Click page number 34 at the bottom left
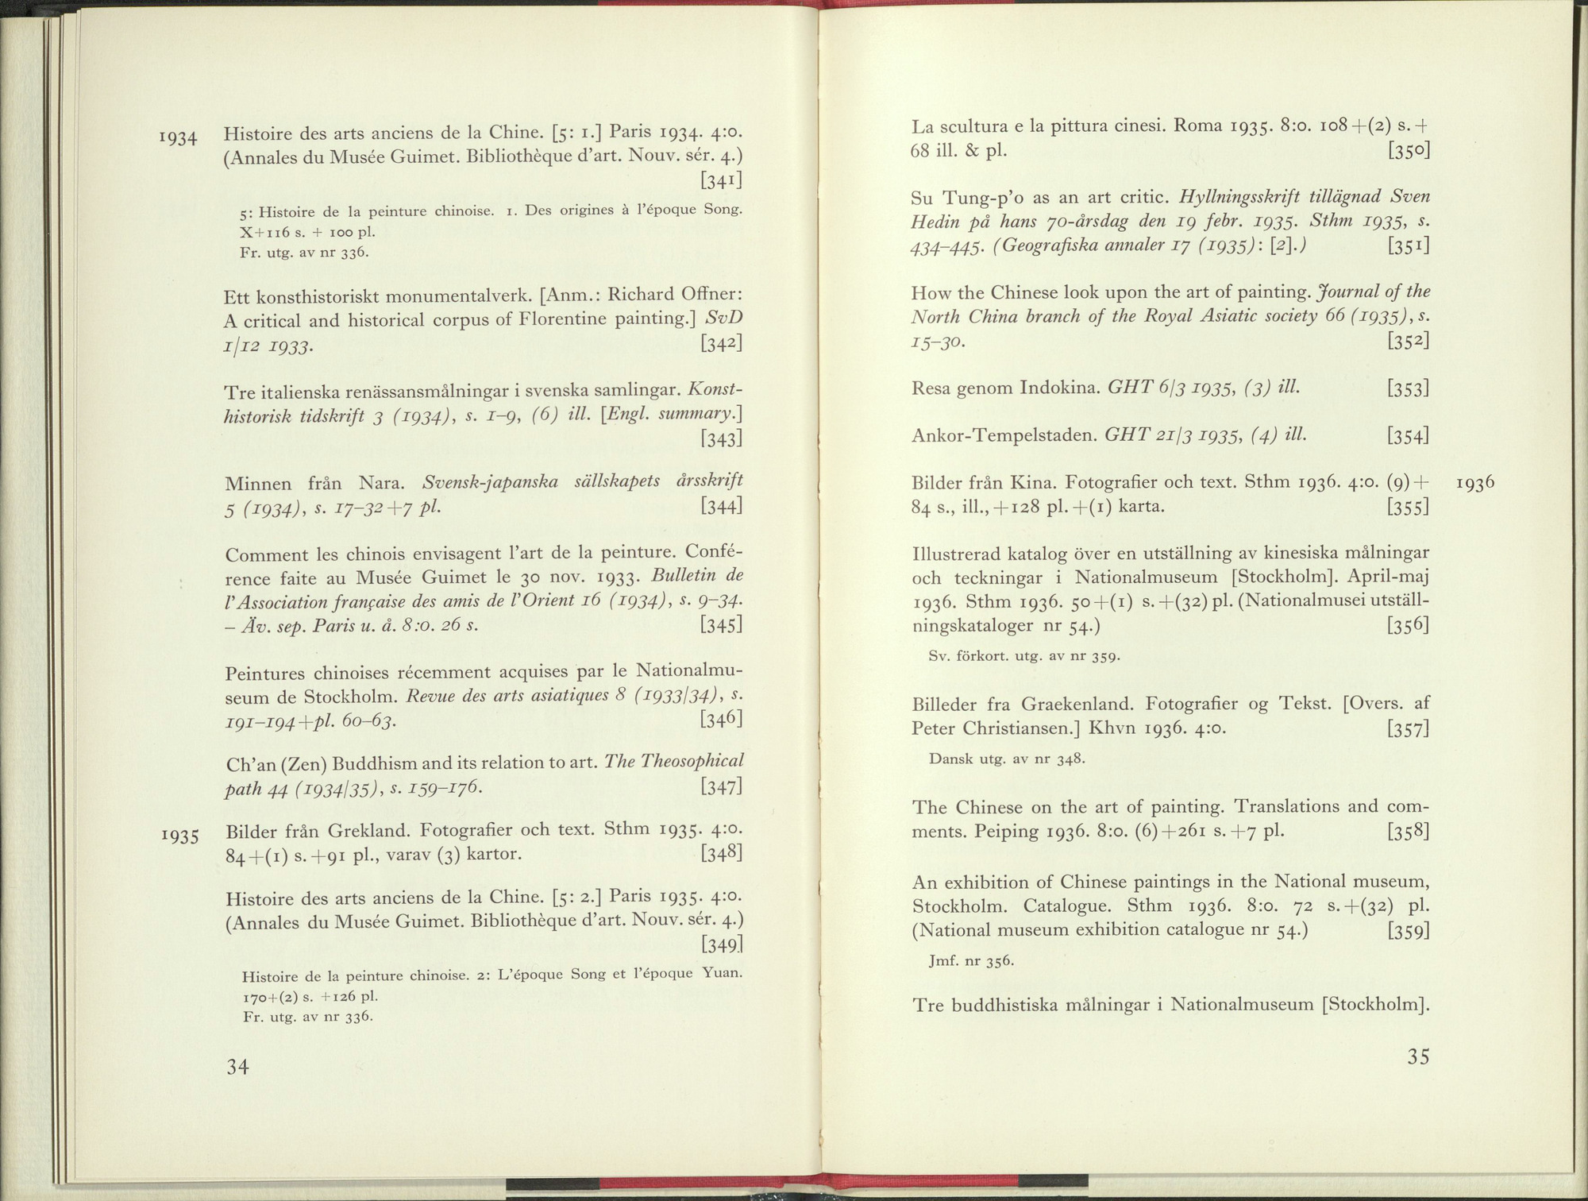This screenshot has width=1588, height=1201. [x=238, y=1068]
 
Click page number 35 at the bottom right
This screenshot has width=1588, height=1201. [x=1417, y=1056]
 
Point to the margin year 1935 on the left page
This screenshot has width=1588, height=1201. [x=180, y=836]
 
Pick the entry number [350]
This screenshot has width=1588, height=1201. [x=1409, y=151]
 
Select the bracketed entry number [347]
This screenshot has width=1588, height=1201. [x=721, y=787]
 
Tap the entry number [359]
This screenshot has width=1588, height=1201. [x=1409, y=930]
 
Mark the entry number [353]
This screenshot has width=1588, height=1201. [x=1409, y=388]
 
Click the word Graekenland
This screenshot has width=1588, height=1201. [x=1080, y=704]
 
